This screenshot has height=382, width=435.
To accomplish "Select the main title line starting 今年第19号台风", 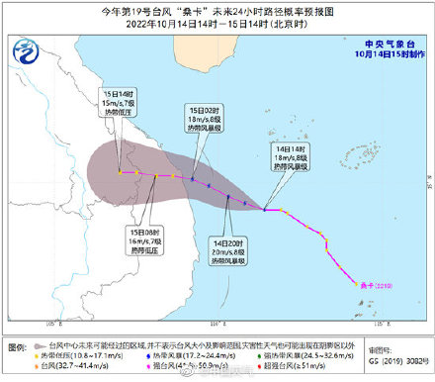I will (x=217, y=11).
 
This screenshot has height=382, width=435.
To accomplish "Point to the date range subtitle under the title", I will (x=217, y=24).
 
